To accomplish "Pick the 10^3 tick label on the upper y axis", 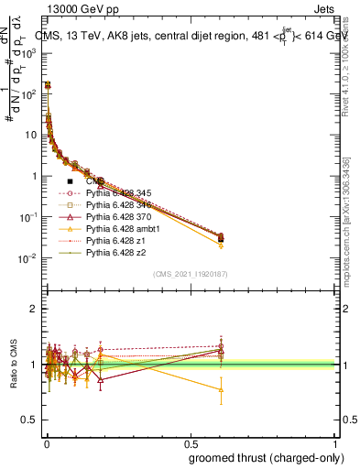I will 29,53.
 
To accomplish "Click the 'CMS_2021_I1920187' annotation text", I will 191,274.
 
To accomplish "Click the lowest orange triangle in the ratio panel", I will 221,389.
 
